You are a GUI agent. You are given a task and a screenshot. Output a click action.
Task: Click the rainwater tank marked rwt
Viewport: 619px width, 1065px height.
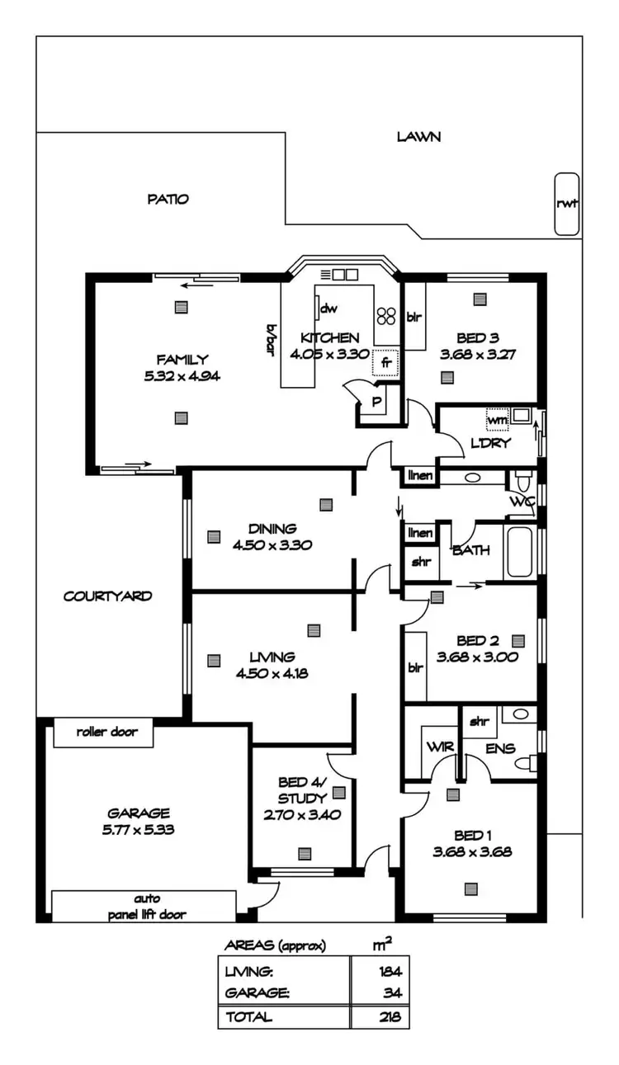coord(567,204)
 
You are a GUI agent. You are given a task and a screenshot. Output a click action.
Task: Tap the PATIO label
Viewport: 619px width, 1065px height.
coord(168,199)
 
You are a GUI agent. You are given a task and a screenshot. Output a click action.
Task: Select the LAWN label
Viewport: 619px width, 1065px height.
coord(418,137)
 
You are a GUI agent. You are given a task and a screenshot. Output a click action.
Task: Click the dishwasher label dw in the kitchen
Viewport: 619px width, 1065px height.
coord(328,309)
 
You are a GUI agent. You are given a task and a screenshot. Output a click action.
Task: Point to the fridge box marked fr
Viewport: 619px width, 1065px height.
coord(385,362)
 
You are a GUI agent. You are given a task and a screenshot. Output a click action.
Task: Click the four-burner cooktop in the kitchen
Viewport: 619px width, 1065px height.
coord(386,315)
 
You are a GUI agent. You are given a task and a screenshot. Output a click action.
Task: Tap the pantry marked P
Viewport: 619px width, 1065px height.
coord(376,403)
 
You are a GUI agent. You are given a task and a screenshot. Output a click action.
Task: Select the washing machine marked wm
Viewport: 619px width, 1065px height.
coord(497,419)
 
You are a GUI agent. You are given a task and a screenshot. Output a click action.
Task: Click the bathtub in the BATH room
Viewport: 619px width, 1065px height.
coord(521,551)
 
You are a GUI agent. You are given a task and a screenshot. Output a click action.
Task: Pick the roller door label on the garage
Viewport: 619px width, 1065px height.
coord(103,732)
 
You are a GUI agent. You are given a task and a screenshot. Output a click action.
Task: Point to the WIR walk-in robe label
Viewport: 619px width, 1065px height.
coord(437,747)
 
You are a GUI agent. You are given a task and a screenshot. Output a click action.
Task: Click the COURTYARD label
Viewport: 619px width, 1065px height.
coord(107,596)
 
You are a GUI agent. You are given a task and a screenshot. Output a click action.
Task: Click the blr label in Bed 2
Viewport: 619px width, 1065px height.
coord(414,667)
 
